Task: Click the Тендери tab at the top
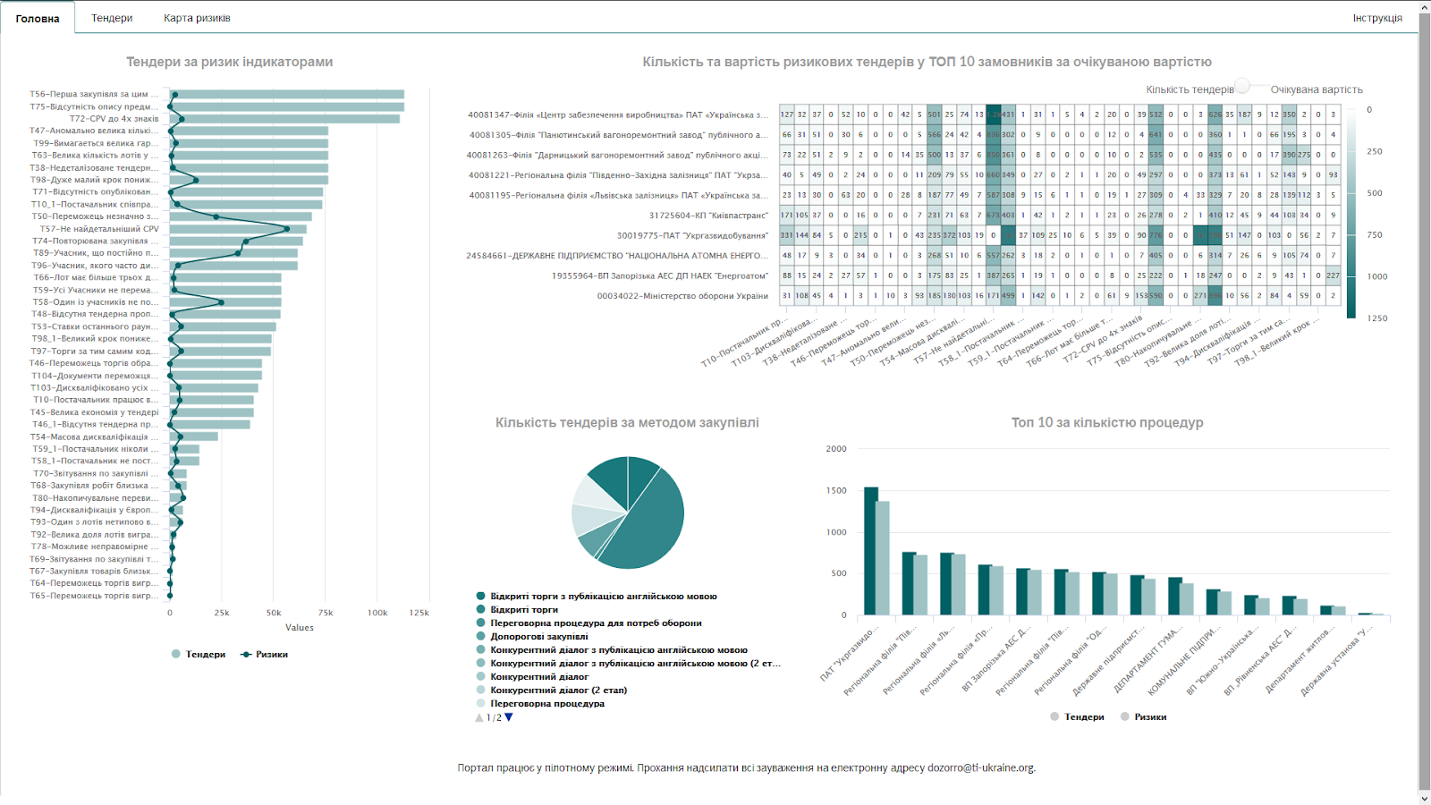[112, 18]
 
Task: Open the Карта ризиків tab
[197, 18]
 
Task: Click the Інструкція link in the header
[1377, 18]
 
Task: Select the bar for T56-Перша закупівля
[286, 94]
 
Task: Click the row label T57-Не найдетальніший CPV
[99, 229]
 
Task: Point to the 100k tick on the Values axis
[377, 613]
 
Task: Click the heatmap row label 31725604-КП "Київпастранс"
[708, 216]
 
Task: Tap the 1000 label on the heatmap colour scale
[1376, 276]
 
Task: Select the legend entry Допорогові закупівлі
[539, 637]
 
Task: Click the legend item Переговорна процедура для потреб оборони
[596, 623]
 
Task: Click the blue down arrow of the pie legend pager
[509, 717]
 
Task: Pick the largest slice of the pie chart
[648, 528]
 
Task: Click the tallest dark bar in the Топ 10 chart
[870, 550]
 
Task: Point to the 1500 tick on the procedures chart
[835, 491]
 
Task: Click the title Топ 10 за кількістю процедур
[1106, 423]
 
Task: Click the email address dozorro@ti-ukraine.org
[980, 768]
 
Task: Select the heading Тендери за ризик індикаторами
[229, 63]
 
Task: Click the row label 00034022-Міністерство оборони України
[682, 296]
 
